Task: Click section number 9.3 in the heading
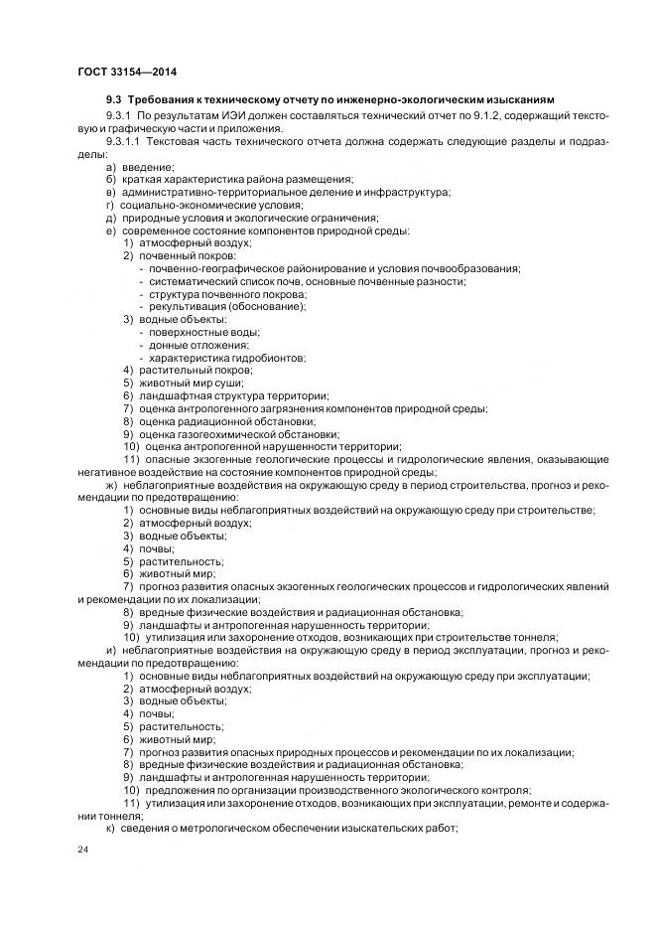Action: click(114, 100)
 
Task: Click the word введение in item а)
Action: click(149, 166)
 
